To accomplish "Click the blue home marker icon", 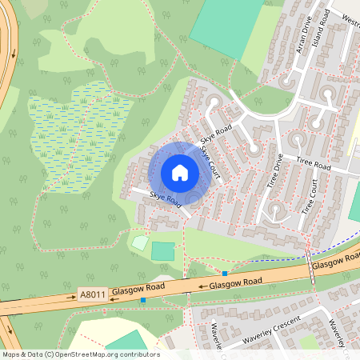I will (180, 173).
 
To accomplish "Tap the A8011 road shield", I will (93, 295).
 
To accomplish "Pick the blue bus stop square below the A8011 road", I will (143, 300).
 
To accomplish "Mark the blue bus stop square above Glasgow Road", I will (226, 274).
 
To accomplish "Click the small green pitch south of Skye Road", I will (162, 251).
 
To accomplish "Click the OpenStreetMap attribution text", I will (80, 354).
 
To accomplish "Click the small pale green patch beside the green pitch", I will (140, 242).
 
